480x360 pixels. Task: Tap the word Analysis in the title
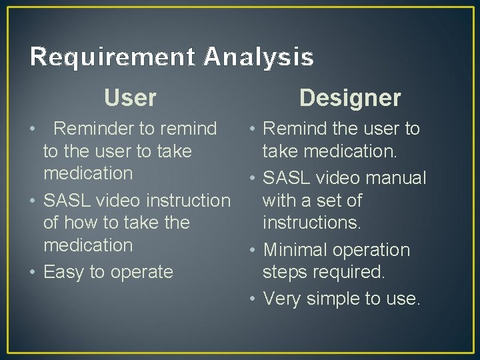259,58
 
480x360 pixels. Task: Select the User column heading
130,98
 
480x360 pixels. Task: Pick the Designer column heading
350,98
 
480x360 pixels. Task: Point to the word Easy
64,272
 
